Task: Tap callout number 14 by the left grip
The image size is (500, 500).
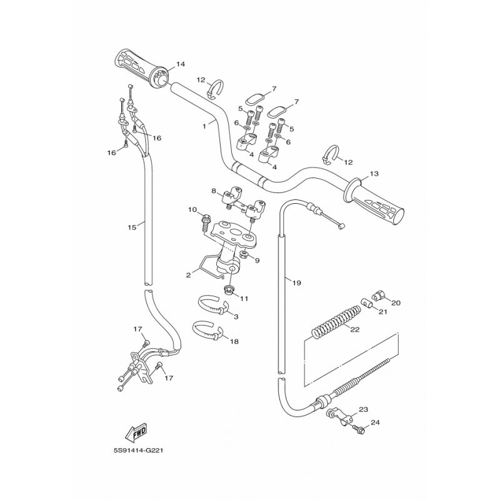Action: tap(181, 64)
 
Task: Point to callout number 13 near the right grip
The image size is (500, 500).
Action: tap(374, 173)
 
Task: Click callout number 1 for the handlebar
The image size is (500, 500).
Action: tap(204, 125)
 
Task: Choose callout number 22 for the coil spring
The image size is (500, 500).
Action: tap(354, 329)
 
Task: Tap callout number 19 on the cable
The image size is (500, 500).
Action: tap(296, 282)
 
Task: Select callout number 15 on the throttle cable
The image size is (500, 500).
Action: tap(131, 227)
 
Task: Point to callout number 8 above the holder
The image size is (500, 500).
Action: tap(213, 191)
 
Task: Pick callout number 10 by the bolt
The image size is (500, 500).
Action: tap(192, 209)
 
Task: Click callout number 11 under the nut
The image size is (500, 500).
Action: tap(244, 298)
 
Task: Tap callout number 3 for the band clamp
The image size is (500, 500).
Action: tap(236, 317)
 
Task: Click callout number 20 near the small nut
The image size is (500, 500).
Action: tap(396, 302)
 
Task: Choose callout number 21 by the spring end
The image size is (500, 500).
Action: tap(383, 312)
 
